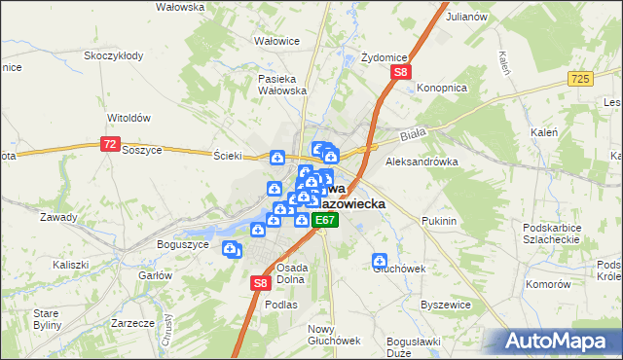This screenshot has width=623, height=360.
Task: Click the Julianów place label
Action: tap(466, 18)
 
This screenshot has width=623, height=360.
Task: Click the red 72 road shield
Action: tap(110, 144)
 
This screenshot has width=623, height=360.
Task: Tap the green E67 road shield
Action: tap(325, 221)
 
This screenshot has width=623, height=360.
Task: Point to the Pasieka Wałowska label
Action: tap(282, 85)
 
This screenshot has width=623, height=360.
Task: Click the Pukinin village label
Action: tap(440, 221)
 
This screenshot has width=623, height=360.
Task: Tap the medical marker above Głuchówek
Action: tap(380, 261)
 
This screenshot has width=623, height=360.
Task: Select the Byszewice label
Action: tap(446, 305)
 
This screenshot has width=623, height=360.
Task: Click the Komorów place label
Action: tap(547, 284)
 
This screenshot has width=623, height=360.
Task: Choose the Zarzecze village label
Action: tap(133, 321)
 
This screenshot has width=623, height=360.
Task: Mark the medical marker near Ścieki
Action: tap(277, 159)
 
